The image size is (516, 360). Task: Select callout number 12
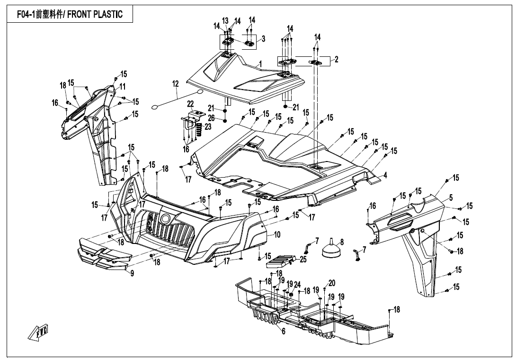tap(176, 84)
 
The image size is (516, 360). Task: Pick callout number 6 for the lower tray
tap(284, 332)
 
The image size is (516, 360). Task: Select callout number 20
tap(332, 283)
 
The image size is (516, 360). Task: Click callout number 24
tap(297, 285)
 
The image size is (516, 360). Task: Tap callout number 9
tap(132, 273)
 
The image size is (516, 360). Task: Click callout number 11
tap(122, 87)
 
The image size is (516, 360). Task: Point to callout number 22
tap(190, 104)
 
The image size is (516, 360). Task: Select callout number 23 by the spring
tap(208, 127)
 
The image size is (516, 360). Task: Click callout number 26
tap(211, 117)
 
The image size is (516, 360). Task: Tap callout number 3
tap(263, 38)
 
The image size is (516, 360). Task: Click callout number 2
tap(336, 60)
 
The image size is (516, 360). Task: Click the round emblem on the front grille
tap(166, 218)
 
